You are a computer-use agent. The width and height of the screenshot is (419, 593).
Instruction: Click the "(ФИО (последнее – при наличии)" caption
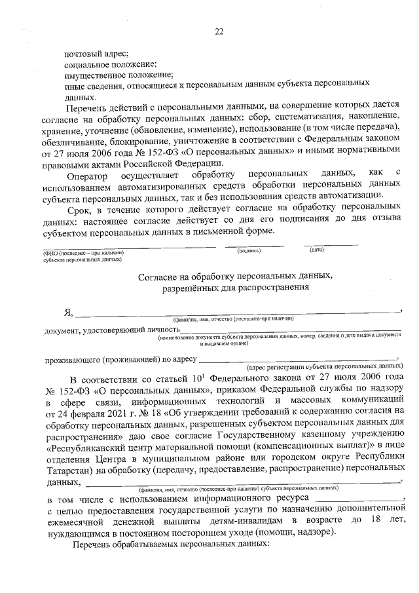click(x=82, y=252)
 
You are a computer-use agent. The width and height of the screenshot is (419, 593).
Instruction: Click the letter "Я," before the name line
click(x=67, y=313)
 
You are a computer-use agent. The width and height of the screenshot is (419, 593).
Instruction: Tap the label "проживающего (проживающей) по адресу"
click(x=120, y=359)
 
